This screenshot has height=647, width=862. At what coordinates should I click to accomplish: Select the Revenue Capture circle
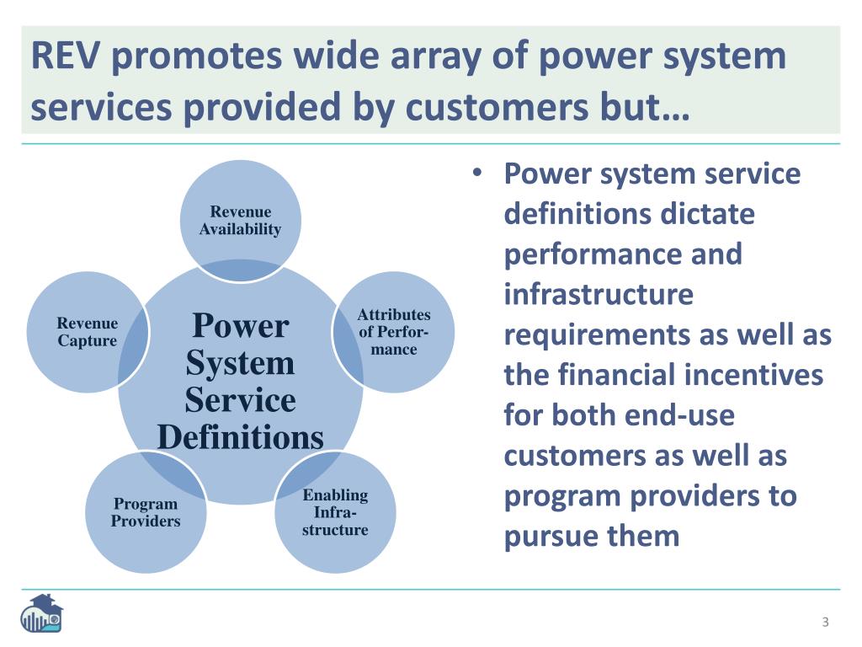pos(88,331)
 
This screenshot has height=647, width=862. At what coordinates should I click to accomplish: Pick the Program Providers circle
pos(146,512)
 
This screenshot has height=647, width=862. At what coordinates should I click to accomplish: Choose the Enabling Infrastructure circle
pos(335,512)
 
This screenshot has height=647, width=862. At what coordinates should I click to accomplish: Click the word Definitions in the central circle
pos(240,437)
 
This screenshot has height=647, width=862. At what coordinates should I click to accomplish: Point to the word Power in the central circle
pos(240,325)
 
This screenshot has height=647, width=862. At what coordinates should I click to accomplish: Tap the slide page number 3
pos(825,622)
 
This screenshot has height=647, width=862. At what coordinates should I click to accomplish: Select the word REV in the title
pos(64,56)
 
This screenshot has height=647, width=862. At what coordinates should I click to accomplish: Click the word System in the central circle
pos(240,363)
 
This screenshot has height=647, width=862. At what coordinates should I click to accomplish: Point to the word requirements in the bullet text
pos(597,335)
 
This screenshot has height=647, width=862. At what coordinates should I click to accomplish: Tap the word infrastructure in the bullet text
pos(599,295)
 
